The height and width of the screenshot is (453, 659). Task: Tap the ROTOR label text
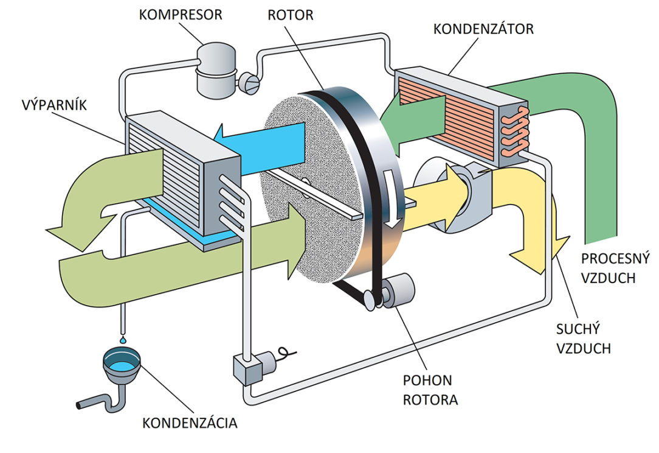pyautogui.click(x=290, y=14)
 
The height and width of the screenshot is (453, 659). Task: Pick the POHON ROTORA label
pyautogui.click(x=427, y=390)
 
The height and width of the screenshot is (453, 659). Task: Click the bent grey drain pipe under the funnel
pyautogui.click(x=101, y=402)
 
